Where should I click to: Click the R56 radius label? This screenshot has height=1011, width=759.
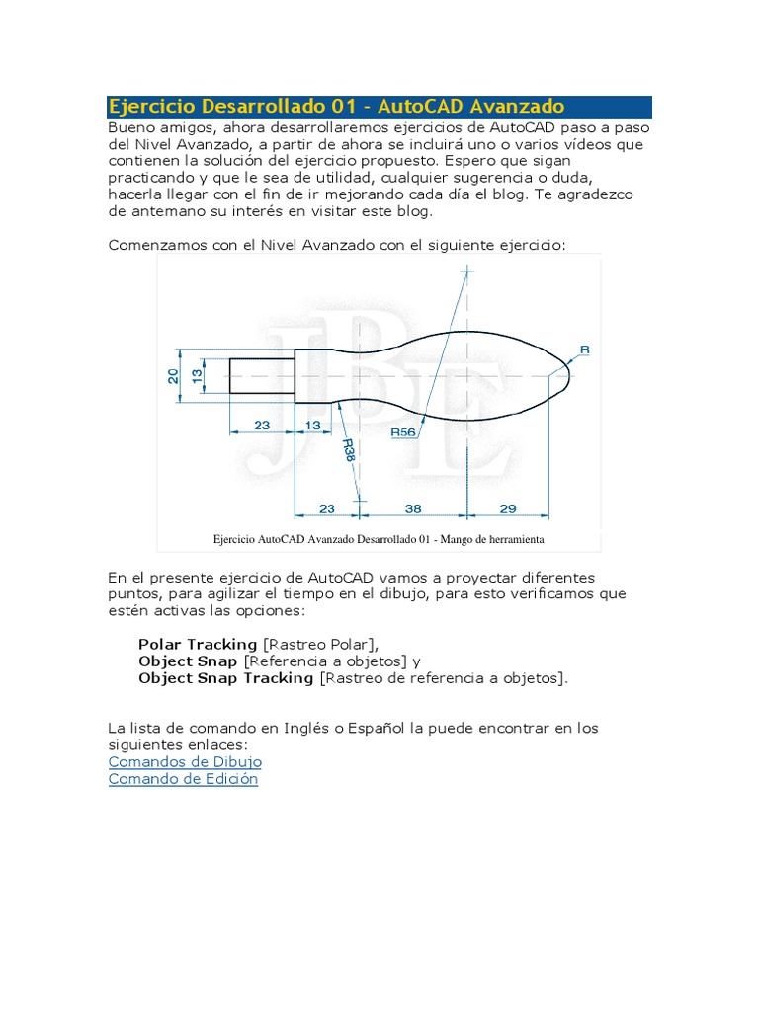[x=403, y=432]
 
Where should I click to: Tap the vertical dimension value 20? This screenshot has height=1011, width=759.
[x=173, y=376]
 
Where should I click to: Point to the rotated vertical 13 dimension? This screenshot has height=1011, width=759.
[x=197, y=376]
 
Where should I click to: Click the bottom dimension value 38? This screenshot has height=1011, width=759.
[x=414, y=508]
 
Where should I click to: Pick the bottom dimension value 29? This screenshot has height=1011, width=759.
[x=507, y=508]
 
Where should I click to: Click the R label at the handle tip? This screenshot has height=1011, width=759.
[x=584, y=350]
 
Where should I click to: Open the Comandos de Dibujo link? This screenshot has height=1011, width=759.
[x=185, y=762]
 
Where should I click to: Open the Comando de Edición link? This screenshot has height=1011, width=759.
[x=183, y=779]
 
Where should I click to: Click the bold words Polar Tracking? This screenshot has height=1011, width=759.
[x=198, y=644]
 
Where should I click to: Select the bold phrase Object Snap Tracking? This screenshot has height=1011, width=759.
[x=226, y=678]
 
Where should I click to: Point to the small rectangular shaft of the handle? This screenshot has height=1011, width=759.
[x=261, y=376]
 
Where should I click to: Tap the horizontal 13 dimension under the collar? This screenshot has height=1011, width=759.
[x=313, y=426]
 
